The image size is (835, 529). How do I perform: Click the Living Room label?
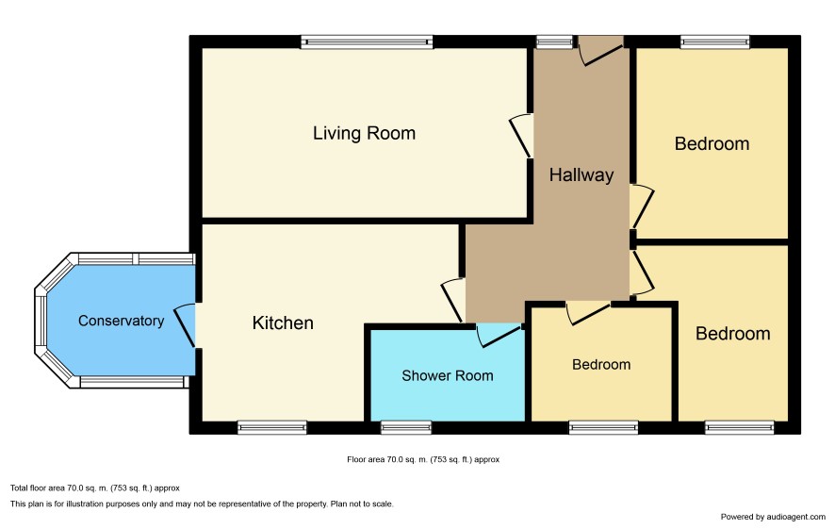click(364, 133)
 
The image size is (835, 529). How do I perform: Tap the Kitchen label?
click(283, 322)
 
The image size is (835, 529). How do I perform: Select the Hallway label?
click(581, 175)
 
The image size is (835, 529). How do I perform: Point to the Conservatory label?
click(121, 321)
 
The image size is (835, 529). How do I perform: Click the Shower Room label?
click(448, 375)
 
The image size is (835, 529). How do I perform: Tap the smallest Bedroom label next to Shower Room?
click(601, 364)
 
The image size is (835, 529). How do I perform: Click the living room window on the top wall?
click(367, 42)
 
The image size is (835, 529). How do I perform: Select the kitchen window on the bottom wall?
click(272, 427)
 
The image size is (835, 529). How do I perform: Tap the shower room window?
click(406, 427)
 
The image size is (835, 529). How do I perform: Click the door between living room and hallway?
click(522, 136)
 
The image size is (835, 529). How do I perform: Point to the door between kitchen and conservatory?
click(187, 325)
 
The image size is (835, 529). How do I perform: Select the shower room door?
click(498, 335)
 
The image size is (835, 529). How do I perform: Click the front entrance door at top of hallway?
click(600, 51)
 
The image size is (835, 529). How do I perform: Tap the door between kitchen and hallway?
click(453, 300)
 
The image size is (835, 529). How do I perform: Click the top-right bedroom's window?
click(715, 42)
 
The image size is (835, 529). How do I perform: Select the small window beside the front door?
click(554, 42)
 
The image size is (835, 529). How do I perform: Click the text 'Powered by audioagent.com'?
click(773, 517)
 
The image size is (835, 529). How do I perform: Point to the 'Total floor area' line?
click(95, 488)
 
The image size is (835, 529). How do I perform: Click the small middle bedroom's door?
click(588, 313)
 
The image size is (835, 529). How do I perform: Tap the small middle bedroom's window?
click(603, 427)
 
